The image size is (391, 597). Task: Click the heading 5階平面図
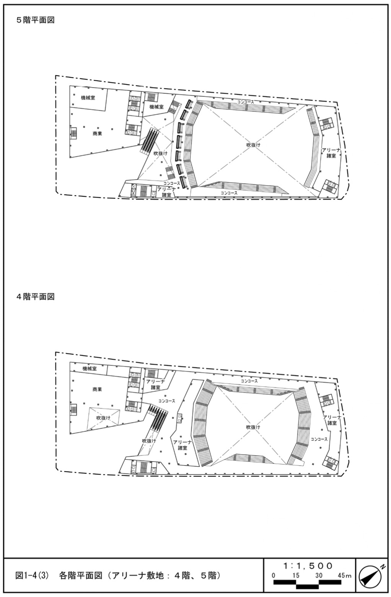tap(35, 20)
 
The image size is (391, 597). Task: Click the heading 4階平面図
tap(35, 297)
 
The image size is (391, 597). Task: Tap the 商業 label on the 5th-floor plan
tap(97, 134)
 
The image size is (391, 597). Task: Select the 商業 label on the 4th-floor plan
tap(97, 389)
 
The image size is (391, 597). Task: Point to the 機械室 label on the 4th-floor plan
tap(90, 369)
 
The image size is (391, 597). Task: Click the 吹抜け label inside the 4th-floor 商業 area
tap(103, 418)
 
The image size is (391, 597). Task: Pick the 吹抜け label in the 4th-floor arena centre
tap(253, 427)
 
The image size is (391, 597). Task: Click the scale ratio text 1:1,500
tap(308, 566)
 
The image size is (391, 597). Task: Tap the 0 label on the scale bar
tap(274, 575)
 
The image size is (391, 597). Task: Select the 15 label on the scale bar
tap(296, 575)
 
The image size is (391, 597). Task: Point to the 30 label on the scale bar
tap(319, 575)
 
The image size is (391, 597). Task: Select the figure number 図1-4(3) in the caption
tap(32, 575)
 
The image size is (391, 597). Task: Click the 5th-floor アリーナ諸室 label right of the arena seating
tap(329, 153)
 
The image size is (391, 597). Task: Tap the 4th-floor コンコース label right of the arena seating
tap(319, 439)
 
